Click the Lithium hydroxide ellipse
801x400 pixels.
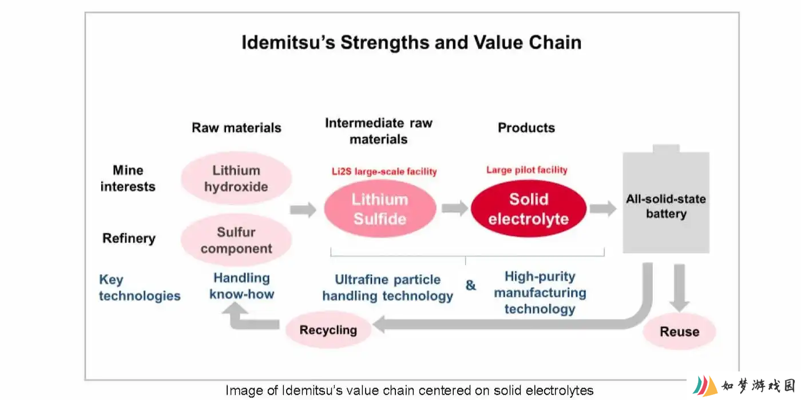236,178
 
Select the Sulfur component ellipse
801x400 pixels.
236,240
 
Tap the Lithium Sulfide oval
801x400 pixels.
380,209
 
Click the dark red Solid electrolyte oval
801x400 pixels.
529,209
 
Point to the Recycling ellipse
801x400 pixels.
328,330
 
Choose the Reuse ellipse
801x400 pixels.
680,331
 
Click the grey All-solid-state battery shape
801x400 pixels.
666,200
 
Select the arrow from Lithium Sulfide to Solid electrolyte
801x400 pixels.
455,208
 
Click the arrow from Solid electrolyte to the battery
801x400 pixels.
603,208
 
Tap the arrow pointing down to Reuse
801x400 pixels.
680,288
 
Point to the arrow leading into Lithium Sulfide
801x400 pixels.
303,210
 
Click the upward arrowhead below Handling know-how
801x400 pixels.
235,308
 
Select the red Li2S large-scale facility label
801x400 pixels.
384,172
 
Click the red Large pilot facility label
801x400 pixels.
527,170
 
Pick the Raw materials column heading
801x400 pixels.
236,128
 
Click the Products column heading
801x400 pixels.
526,128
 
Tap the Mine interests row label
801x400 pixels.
128,178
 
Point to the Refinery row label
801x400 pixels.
129,238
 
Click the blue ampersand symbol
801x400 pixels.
471,285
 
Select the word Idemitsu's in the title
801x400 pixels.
288,42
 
